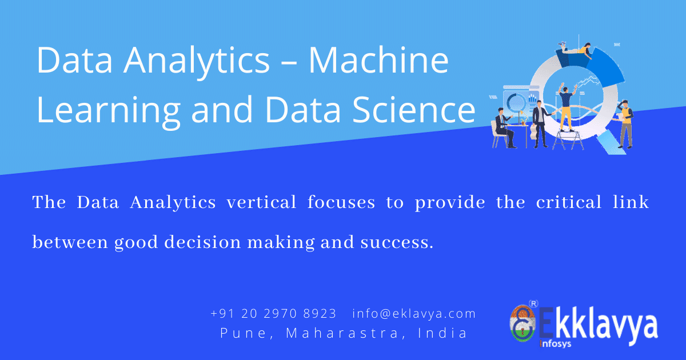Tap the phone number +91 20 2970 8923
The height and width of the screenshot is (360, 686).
tap(273, 314)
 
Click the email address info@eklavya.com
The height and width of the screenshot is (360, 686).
tap(414, 314)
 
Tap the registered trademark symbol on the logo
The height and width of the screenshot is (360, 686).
tap(533, 303)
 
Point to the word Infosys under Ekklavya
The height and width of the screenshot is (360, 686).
tap(556, 344)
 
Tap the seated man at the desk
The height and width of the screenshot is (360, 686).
tap(503, 129)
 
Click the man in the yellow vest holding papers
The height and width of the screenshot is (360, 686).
tap(626, 123)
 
